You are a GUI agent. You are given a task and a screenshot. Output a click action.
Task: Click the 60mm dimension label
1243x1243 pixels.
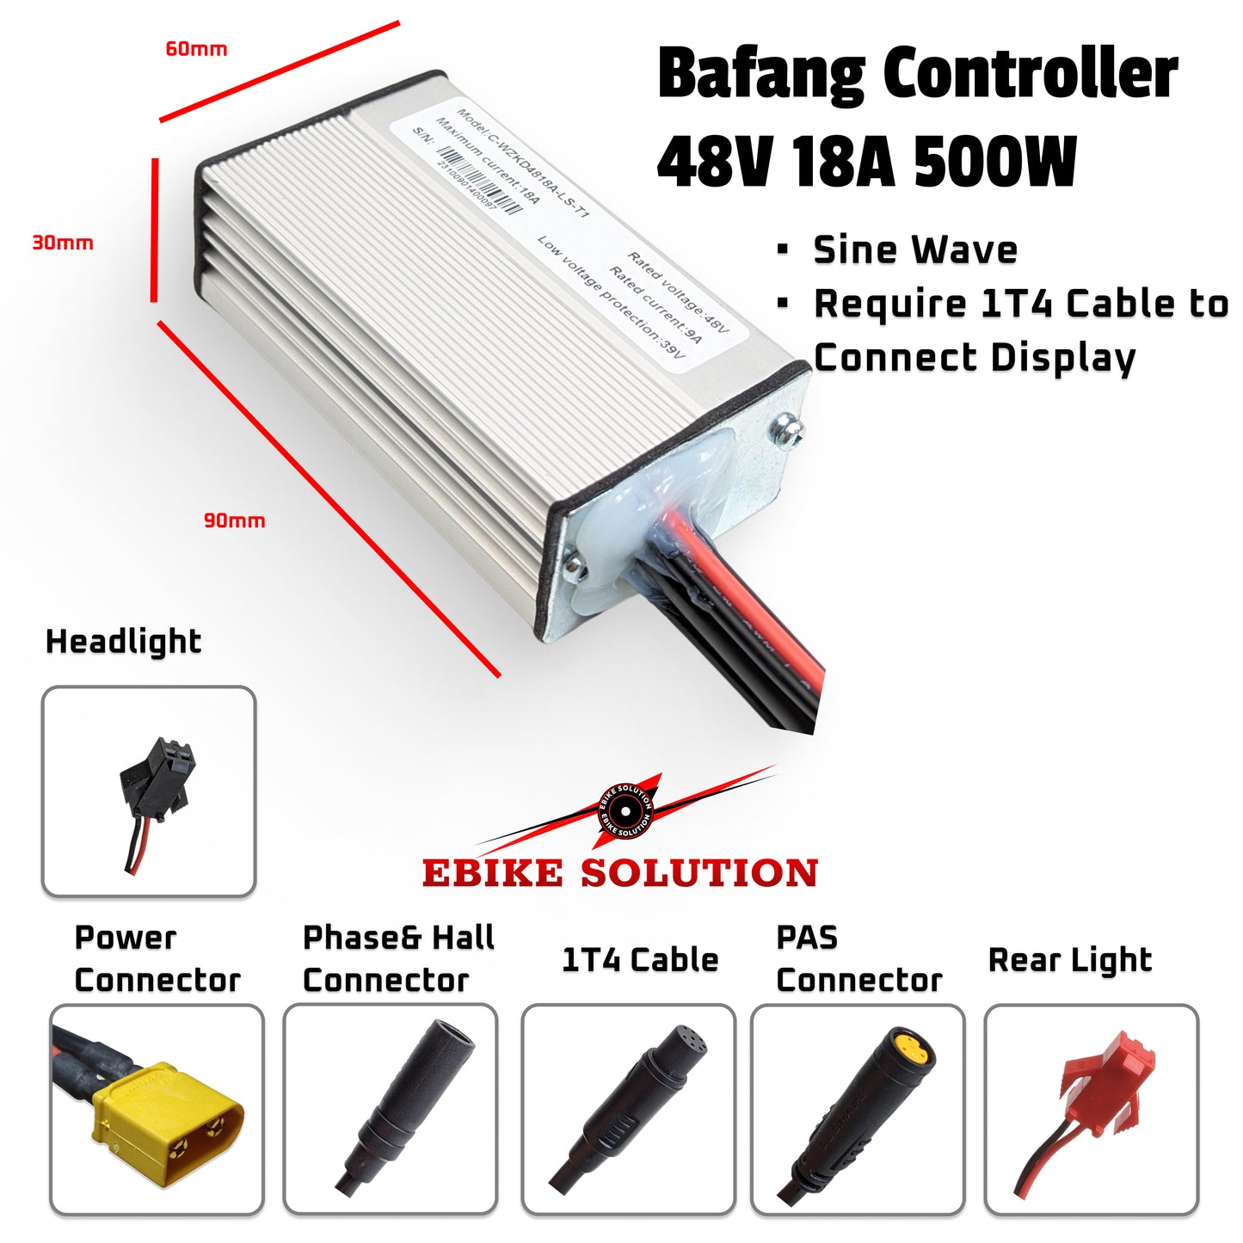196,49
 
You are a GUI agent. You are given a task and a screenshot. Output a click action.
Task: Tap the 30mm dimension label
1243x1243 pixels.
62,243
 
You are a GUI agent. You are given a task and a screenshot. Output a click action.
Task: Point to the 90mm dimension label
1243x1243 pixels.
234,520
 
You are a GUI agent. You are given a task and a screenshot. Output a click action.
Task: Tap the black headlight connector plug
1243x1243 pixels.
160,775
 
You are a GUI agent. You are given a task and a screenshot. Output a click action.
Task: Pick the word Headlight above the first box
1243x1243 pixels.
123,642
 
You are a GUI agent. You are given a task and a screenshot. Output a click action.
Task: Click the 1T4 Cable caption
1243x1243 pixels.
639,959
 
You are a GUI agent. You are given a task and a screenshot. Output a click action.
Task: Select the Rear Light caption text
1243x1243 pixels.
1069,960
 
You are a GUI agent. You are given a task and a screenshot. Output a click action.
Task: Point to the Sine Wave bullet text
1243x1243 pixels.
915,249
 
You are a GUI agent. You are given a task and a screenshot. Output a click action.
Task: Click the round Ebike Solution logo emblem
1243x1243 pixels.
625,811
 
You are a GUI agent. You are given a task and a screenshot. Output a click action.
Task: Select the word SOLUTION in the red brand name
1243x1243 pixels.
698,873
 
